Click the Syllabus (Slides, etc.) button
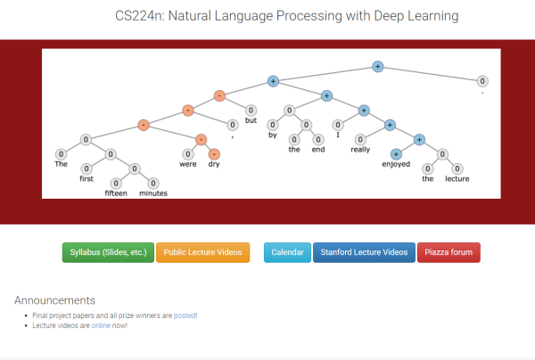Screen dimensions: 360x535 pos(108,252)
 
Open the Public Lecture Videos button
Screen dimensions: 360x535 pos(203,252)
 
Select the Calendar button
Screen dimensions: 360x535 pos(288,252)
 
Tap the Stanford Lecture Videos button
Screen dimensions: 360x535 pos(364,252)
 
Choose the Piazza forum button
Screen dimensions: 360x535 pos(449,252)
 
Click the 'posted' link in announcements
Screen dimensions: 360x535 pos(185,315)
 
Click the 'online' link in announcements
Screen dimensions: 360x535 pos(101,325)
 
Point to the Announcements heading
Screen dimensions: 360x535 pos(54,300)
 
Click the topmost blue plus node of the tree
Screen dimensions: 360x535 pos(377,66)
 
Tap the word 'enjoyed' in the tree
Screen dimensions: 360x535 pos(396,165)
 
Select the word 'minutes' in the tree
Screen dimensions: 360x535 pos(152,192)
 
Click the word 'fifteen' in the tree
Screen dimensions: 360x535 pos(117,192)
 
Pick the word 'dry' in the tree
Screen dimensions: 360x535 pos(214,165)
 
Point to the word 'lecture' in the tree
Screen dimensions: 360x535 pos(457,179)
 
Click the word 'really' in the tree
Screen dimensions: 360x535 pos(360,151)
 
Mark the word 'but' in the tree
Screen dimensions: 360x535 pos(251,122)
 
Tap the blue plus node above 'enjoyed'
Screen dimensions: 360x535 pos(396,154)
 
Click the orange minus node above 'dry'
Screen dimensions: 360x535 pos(214,154)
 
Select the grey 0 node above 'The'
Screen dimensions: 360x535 pos(60,153)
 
